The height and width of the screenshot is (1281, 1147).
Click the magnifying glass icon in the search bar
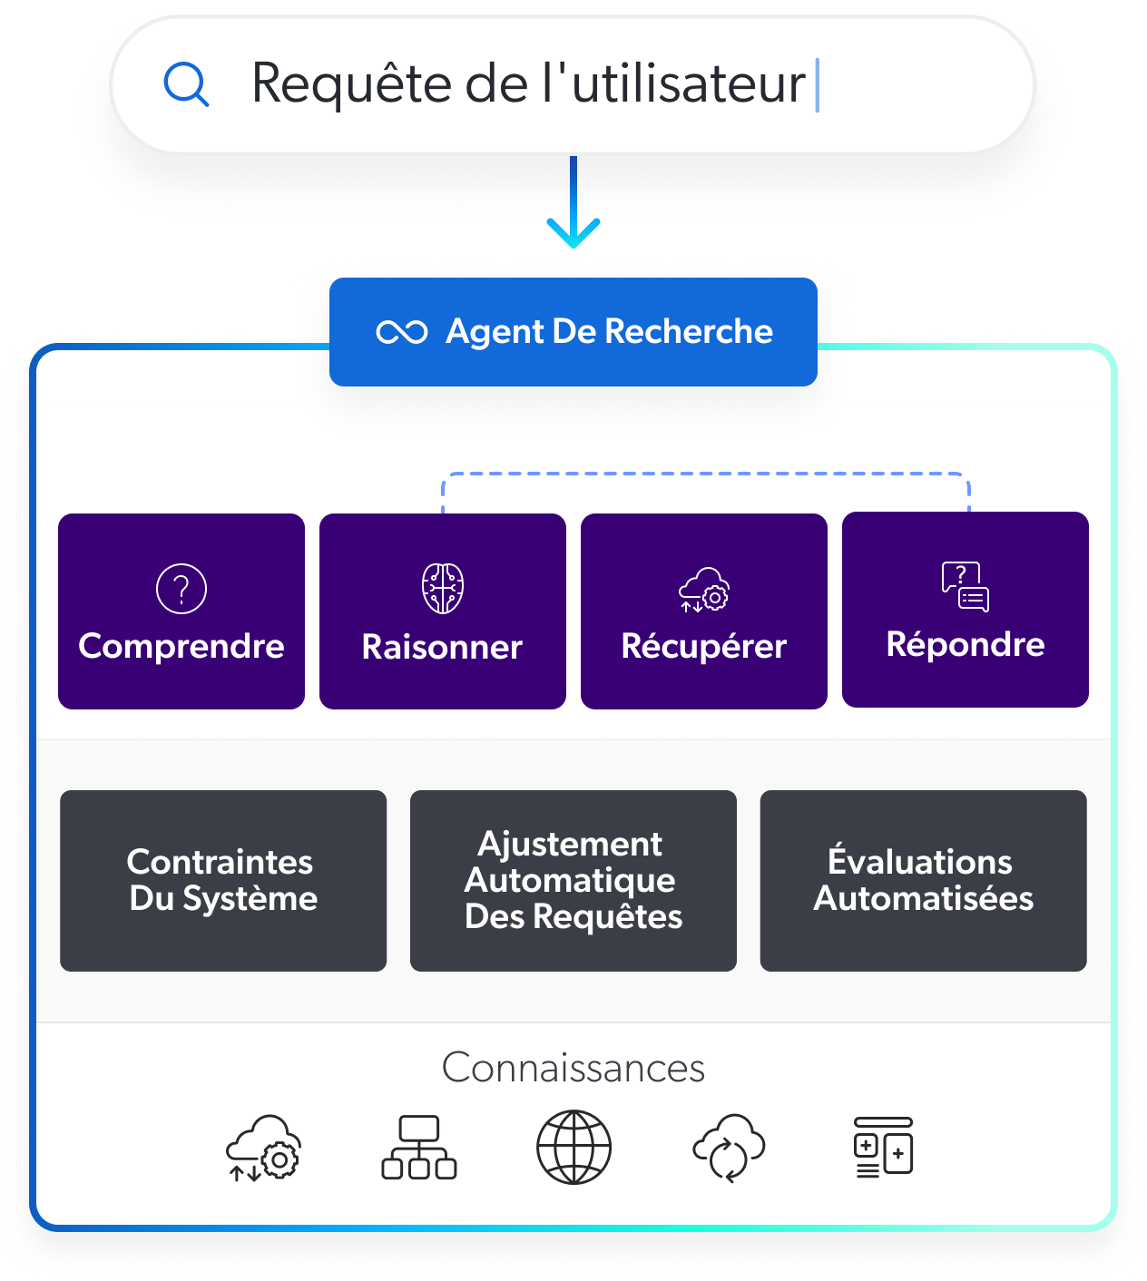(x=186, y=84)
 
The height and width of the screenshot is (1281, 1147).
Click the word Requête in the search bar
(x=352, y=83)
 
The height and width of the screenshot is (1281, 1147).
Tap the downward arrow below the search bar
(x=573, y=202)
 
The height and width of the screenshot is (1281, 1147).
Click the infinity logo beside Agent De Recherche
(x=402, y=332)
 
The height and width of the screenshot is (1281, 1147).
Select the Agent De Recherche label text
(x=609, y=331)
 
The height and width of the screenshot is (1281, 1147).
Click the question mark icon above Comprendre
(x=181, y=589)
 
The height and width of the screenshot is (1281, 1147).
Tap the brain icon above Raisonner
(x=443, y=588)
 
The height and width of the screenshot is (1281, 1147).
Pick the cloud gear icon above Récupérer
(x=704, y=590)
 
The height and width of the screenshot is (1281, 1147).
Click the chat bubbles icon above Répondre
(x=966, y=586)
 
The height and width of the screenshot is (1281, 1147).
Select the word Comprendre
(x=181, y=647)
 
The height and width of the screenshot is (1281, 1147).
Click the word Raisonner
(x=442, y=647)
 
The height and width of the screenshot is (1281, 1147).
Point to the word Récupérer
(x=704, y=646)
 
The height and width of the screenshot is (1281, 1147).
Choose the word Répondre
(x=966, y=644)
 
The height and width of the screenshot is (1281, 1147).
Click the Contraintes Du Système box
(x=223, y=880)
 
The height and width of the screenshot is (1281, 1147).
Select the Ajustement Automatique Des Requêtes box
(x=573, y=880)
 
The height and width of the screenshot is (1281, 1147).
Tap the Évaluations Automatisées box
(x=924, y=880)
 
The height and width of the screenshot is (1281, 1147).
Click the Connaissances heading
(x=573, y=1068)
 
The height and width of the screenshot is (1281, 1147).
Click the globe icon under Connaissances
(x=573, y=1147)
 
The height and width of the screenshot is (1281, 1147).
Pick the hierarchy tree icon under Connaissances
(x=419, y=1148)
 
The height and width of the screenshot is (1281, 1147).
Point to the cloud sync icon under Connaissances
(x=730, y=1149)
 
